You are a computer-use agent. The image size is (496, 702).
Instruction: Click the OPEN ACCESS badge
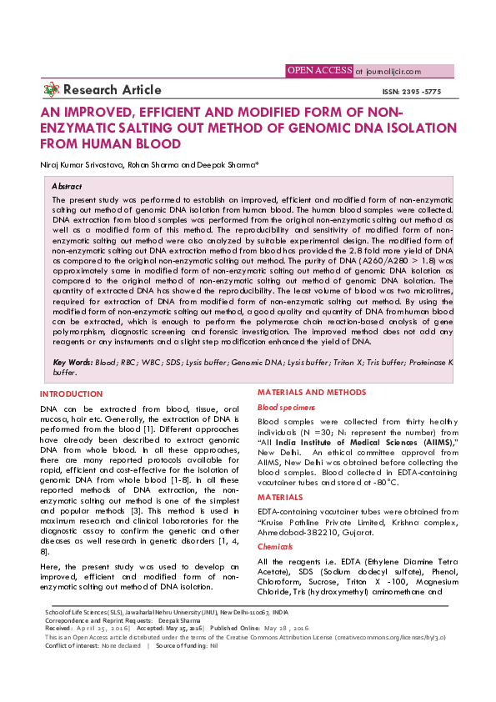318,71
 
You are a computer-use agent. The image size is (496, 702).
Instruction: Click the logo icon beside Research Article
52,90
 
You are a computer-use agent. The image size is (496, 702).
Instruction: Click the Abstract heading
67,187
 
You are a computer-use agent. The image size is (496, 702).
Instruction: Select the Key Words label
73,363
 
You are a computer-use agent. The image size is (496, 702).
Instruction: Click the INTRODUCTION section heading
72,393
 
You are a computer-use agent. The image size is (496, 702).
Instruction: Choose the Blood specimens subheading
286,407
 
